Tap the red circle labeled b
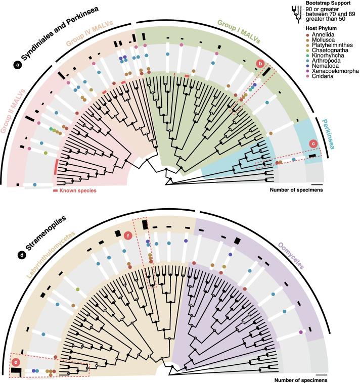click(260, 64)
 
